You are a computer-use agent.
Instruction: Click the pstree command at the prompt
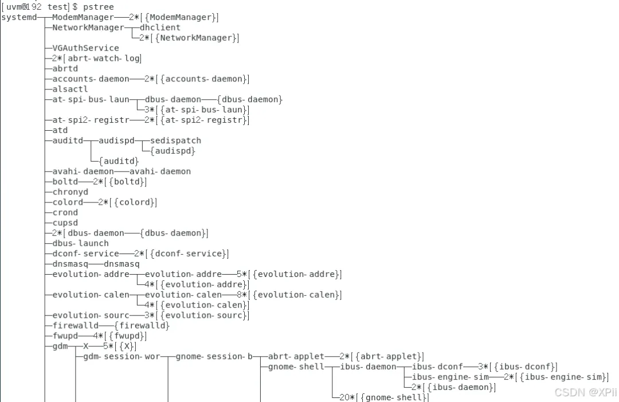[99, 7]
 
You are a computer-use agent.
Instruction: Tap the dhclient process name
[160, 28]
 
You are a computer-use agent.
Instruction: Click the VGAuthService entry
[85, 48]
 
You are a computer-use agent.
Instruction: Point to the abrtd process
[65, 68]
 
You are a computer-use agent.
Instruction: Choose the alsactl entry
[70, 89]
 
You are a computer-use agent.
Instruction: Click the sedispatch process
[175, 140]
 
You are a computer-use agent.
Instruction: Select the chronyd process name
[70, 192]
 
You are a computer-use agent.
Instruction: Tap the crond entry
[65, 212]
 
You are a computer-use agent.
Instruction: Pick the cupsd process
[65, 223]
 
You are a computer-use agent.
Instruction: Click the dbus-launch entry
[80, 243]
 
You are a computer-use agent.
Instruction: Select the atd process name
[60, 130]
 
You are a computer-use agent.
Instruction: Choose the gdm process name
[60, 346]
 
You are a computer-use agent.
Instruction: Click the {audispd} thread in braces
[173, 151]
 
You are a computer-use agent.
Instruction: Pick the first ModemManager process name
[83, 17]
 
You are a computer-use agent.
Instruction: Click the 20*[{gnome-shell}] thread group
[383, 397]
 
